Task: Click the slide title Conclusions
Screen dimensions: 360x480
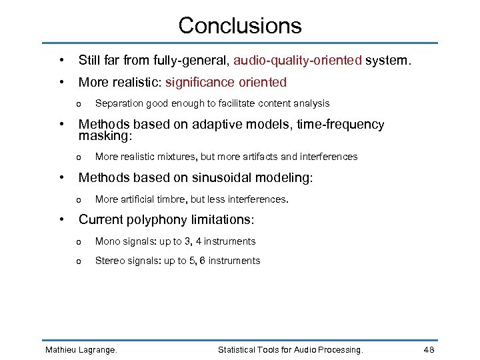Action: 240,25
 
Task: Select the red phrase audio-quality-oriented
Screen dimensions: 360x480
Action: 297,61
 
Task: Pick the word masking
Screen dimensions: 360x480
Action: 104,136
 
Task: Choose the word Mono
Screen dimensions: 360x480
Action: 107,241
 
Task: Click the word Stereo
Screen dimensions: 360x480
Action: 110,261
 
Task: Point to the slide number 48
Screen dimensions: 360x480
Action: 429,350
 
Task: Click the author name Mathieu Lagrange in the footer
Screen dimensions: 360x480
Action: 80,350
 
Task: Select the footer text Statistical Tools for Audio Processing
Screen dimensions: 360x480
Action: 291,350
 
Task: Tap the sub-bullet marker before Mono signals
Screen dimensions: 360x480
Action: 79,242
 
